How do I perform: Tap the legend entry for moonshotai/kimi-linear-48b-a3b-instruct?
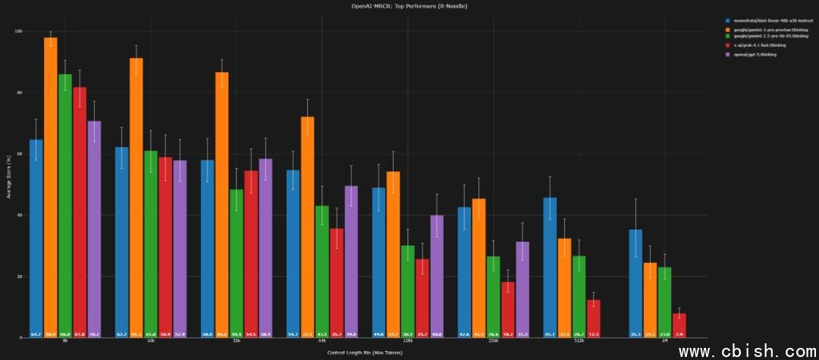(x=766, y=20)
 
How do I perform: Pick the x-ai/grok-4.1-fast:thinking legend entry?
(x=759, y=45)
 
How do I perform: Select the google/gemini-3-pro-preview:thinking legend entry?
(x=765, y=29)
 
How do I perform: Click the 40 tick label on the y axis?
(x=20, y=215)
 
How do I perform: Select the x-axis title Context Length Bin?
(x=366, y=352)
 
